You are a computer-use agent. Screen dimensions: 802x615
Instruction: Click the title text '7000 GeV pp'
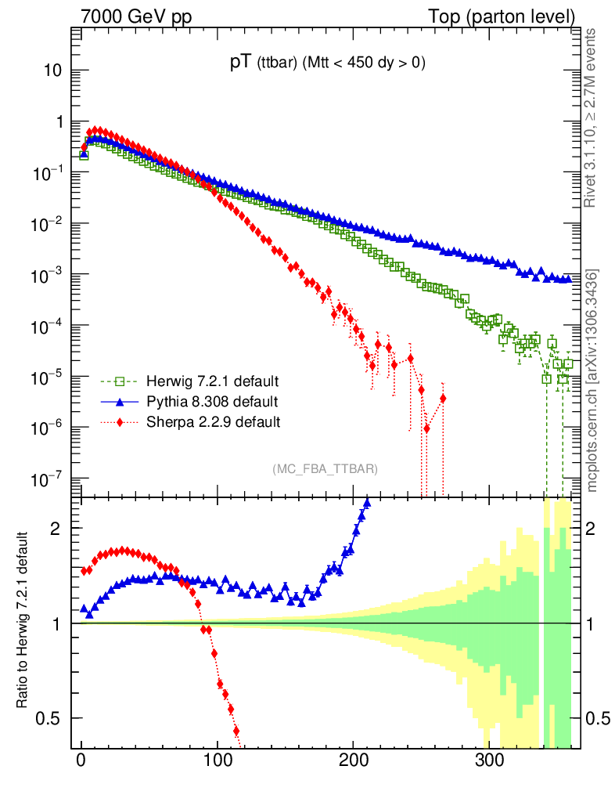tap(125, 16)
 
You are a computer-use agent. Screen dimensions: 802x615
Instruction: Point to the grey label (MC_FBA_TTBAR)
tap(325, 469)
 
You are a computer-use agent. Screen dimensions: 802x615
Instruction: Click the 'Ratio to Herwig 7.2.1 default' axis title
tap(23, 621)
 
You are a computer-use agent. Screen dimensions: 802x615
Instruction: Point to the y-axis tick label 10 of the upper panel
tap(52, 70)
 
